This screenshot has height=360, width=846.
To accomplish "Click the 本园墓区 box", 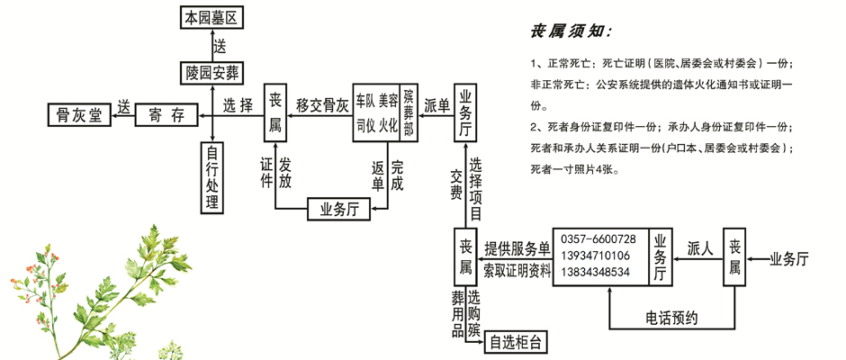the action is click(x=211, y=18).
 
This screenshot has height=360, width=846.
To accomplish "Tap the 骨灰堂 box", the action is click(x=79, y=114).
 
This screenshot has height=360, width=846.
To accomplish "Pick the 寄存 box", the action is click(x=166, y=114).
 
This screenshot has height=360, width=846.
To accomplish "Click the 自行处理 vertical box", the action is click(x=211, y=177).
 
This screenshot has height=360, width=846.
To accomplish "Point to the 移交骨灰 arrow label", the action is click(x=321, y=106).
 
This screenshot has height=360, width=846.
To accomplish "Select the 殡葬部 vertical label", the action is click(x=409, y=112).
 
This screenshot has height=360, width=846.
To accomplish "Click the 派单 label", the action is click(x=436, y=106).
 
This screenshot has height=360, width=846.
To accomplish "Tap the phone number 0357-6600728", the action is click(x=598, y=239).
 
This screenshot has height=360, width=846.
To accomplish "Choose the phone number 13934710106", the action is click(x=595, y=256).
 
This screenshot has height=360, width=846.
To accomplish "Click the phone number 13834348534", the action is click(x=595, y=272).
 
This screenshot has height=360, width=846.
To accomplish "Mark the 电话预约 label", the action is click(x=671, y=318).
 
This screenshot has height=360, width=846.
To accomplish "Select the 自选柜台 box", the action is click(x=517, y=342).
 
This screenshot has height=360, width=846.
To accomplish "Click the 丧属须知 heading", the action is click(x=571, y=32).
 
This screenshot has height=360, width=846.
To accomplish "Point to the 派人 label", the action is click(x=700, y=248).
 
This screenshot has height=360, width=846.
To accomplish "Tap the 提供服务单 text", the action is click(x=517, y=248).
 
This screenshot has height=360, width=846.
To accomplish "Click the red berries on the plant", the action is click(x=33, y=270).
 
